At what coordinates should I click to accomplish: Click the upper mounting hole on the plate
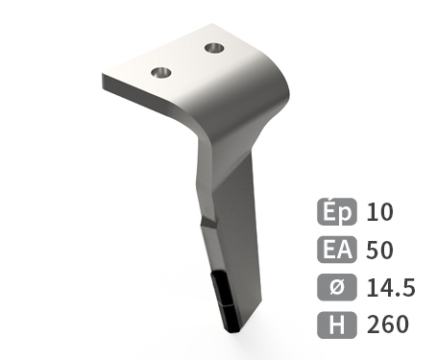click(x=214, y=49)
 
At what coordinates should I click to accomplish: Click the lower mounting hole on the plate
click(x=160, y=73)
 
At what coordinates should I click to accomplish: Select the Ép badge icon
click(x=337, y=211)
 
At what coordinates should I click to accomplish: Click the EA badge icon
click(x=337, y=250)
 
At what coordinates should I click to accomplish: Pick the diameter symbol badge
click(x=337, y=287)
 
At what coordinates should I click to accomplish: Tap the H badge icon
click(x=337, y=324)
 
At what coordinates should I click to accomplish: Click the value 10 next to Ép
click(x=379, y=212)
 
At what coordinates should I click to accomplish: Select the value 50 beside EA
click(x=379, y=250)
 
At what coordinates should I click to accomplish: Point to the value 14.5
click(x=391, y=287)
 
